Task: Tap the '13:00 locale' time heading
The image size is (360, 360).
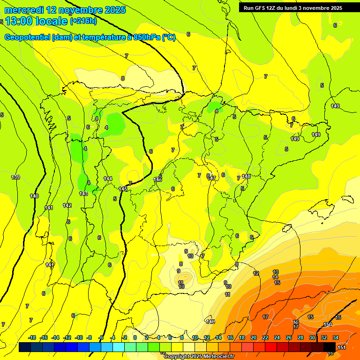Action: (36, 21)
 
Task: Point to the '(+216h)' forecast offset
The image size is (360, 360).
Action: (83, 21)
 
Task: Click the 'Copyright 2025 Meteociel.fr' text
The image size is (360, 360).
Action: (199, 357)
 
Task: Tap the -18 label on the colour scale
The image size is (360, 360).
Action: (32, 337)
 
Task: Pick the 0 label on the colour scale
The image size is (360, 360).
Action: (135, 337)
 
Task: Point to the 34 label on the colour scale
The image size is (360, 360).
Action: (336, 337)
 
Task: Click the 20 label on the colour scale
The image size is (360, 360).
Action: (254, 337)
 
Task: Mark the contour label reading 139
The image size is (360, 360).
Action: (15, 177)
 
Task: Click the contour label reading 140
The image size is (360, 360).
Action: (34, 196)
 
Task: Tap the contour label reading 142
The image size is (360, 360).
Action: (67, 205)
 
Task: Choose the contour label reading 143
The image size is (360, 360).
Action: (83, 194)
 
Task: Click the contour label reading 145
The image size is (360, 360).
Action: (123, 188)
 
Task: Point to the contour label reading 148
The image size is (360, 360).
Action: (246, 176)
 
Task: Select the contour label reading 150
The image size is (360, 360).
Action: (328, 324)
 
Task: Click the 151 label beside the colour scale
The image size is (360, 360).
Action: (342, 347)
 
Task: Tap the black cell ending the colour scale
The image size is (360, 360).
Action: (330, 347)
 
